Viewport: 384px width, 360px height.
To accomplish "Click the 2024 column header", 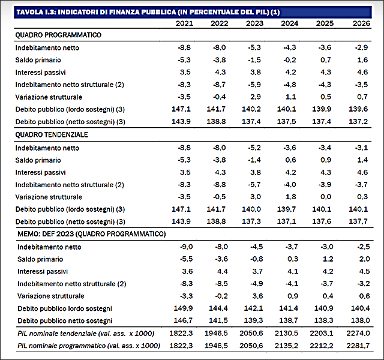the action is (289, 23).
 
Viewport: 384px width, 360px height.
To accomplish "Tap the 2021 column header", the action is (184, 23).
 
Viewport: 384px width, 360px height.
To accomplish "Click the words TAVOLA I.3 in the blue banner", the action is (36, 12).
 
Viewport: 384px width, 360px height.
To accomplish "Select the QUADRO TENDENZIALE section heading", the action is (52, 134).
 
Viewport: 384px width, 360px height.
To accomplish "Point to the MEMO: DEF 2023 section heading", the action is (92, 234).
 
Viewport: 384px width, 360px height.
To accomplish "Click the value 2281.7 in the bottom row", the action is (358, 346).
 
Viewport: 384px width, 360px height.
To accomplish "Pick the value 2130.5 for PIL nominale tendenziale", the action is (286, 334).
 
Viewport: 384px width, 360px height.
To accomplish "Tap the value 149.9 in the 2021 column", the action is (183, 308).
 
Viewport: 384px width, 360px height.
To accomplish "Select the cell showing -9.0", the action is (187, 247).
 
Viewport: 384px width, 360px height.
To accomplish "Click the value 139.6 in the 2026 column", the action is (358, 109).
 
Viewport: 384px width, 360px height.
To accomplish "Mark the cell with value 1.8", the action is (290, 197).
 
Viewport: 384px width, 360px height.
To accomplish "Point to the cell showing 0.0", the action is (326, 197).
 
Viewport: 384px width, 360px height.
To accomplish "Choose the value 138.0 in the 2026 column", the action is (360, 320).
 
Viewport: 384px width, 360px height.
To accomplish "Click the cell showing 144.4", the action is (218, 308).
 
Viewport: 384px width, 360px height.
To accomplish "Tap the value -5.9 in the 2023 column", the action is (254, 85).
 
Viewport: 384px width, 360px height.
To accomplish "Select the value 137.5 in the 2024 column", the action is (286, 121).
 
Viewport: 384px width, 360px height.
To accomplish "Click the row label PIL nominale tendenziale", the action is (86, 334).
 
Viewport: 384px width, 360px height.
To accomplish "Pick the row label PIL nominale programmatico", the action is (89, 346).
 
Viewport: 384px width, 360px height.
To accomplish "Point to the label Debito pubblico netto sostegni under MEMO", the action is (65, 320).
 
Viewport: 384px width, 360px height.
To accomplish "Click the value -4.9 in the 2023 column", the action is (256, 284).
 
